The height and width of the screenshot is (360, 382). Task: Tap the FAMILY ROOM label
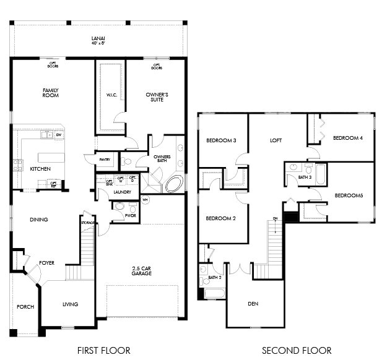point(50,93)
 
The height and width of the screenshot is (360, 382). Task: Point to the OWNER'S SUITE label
point(157,96)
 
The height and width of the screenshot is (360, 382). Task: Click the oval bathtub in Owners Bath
point(173,184)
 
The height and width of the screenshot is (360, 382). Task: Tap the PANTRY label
point(105,160)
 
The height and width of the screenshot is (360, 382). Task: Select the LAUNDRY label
point(122,192)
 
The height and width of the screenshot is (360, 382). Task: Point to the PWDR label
point(131,215)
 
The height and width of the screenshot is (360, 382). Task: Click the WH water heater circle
point(145,200)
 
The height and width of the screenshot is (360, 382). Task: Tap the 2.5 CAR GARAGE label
point(142,270)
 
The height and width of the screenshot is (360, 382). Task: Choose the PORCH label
point(25,307)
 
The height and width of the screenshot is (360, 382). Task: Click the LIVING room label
point(70,304)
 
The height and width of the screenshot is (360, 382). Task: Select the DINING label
point(39,220)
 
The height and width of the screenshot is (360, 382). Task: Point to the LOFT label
point(276,140)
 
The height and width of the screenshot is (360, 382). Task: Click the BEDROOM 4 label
point(347,137)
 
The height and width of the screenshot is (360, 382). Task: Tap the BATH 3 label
point(305,178)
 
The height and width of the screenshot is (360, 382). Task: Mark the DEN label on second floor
point(253,304)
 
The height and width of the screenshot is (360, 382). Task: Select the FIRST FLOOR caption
point(103,350)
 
